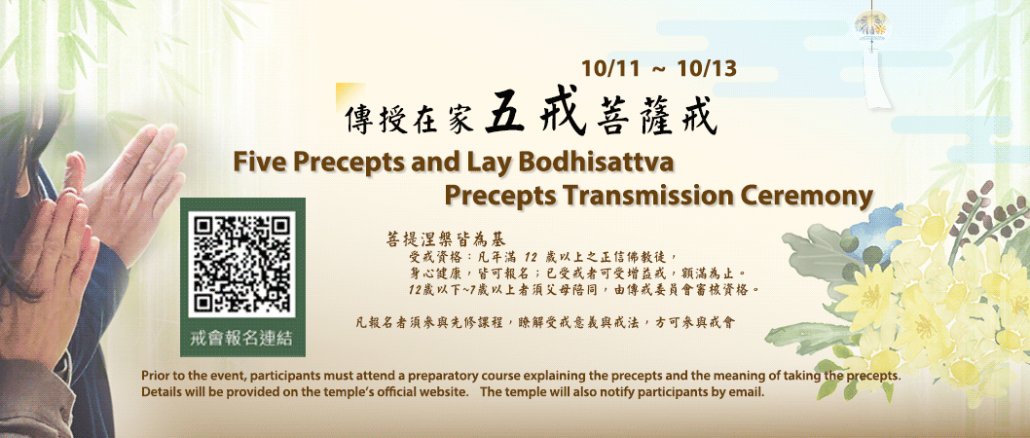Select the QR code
pyautogui.click(x=242, y=264)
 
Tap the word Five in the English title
pyautogui.click(x=256, y=163)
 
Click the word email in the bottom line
pyautogui.click(x=747, y=393)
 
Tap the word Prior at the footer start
pyautogui.click(x=155, y=377)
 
